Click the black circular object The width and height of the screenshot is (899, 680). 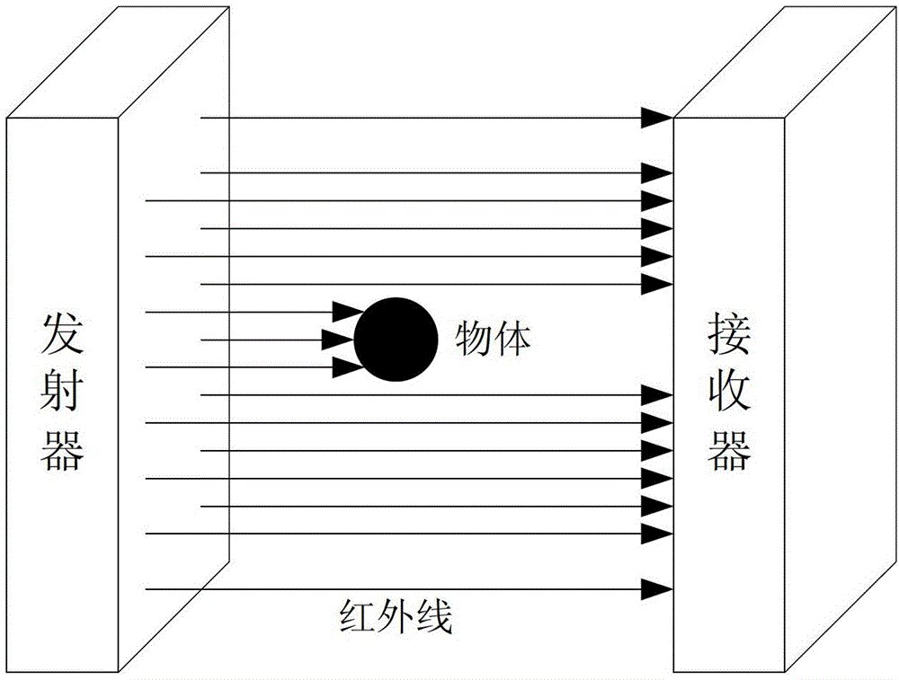(396, 340)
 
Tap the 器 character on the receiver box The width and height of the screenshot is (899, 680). (730, 453)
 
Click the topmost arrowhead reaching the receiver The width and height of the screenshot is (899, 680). (657, 118)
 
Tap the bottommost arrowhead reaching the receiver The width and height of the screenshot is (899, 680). (657, 589)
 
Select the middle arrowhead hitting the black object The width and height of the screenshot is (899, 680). (337, 340)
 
